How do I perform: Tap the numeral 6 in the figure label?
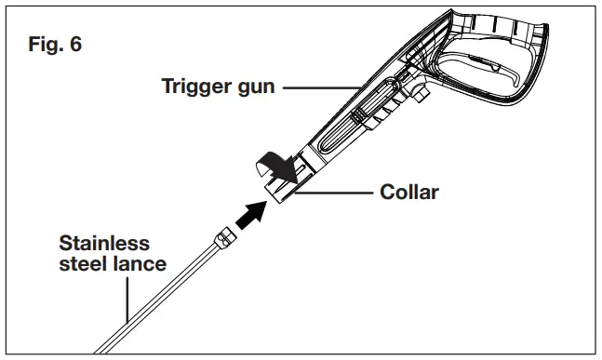[75, 46]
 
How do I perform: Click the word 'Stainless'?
[104, 244]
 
